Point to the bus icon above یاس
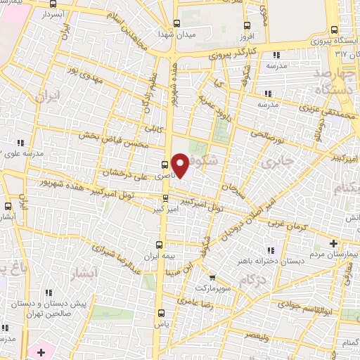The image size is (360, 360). point(162,313)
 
